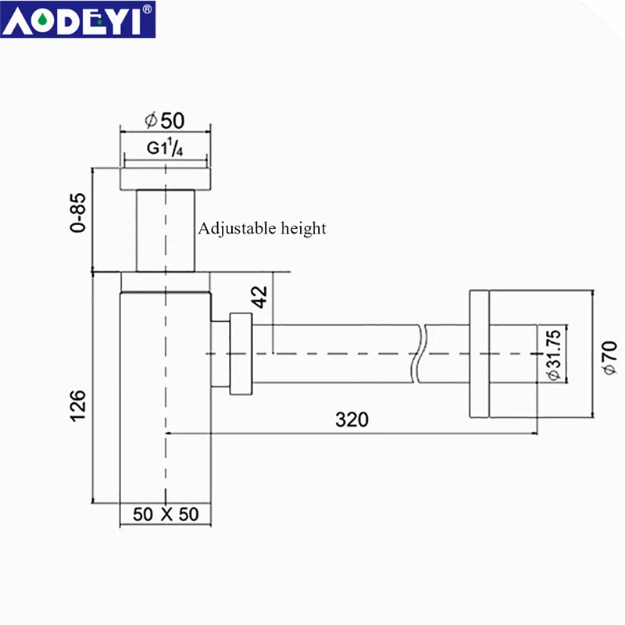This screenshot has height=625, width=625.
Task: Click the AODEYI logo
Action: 77,20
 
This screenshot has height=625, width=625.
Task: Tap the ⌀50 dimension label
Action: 164,120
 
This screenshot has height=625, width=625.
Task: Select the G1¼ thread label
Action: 165,147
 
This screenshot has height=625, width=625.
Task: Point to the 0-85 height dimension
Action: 78,212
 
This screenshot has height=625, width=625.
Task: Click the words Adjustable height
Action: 262,228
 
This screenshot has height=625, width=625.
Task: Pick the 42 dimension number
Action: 260,297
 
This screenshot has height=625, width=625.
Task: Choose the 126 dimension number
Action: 78,405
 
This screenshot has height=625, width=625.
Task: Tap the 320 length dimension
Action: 352,420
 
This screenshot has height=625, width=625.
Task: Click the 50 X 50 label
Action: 166,514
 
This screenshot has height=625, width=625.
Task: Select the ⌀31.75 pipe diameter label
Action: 554,355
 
